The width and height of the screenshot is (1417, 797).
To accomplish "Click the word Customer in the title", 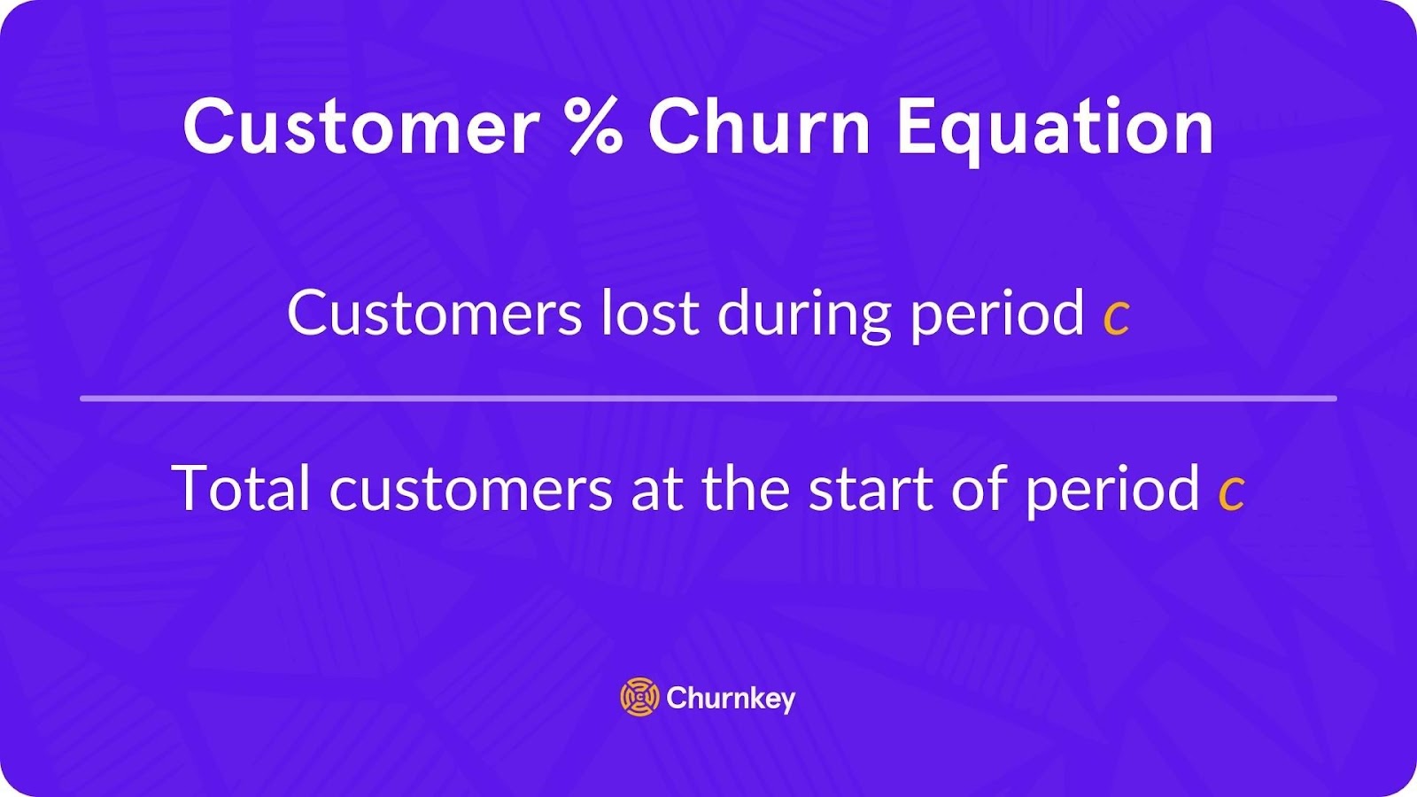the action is click(x=360, y=127).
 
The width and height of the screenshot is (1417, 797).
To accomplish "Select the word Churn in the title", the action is click(x=760, y=127).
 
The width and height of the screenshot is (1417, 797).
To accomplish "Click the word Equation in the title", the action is click(x=1055, y=130).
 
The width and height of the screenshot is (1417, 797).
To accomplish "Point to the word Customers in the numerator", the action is click(x=434, y=313).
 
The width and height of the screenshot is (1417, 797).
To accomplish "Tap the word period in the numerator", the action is click(x=997, y=316).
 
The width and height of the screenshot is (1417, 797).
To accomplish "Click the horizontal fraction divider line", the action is click(x=708, y=398).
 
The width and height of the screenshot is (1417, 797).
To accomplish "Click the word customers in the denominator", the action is click(x=470, y=491).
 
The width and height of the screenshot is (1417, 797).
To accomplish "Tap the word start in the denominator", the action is click(x=871, y=490).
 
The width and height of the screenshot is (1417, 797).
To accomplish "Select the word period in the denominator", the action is click(x=1112, y=492).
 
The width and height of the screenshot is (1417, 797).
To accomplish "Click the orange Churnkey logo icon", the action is click(x=639, y=696).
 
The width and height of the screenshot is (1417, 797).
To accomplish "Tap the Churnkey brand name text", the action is click(x=731, y=700).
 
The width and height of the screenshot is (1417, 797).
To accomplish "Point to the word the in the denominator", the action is click(x=746, y=488).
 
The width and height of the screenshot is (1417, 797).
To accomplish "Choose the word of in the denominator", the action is click(x=980, y=488).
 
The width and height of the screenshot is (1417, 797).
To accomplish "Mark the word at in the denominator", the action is click(x=657, y=490).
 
